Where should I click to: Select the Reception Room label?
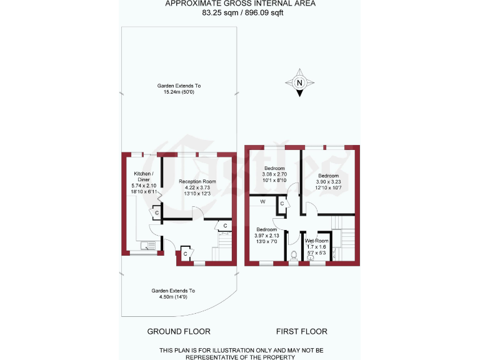point(197,182)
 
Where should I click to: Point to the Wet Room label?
point(316,241)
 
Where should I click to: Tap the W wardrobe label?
point(262,202)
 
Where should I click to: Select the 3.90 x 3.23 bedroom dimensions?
point(329,182)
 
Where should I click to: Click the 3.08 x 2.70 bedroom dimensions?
point(274,176)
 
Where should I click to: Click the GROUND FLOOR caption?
point(178,331)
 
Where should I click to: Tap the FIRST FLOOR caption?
point(301,331)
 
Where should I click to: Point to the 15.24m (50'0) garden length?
point(179,92)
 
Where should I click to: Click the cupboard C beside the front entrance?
point(186,254)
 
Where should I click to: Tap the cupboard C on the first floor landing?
point(282,203)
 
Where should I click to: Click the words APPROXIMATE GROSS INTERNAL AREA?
point(240,4)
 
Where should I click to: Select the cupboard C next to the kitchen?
point(156,214)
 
